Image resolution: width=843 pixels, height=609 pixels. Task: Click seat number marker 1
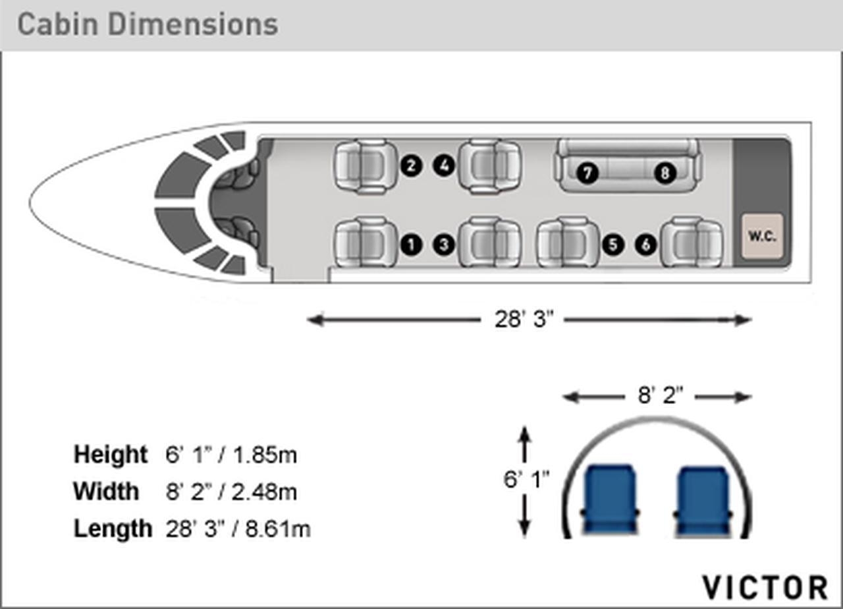click(412, 245)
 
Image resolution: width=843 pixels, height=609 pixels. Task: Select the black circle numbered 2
click(412, 165)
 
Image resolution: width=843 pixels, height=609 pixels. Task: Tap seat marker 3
click(444, 245)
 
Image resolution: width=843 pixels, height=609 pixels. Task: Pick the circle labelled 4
click(444, 165)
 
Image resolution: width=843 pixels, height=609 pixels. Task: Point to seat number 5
click(613, 245)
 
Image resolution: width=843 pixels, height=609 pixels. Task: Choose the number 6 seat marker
click(646, 245)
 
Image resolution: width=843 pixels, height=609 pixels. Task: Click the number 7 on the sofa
click(587, 173)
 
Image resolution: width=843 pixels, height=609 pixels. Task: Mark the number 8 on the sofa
click(665, 173)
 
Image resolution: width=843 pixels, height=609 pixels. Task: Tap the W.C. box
click(763, 236)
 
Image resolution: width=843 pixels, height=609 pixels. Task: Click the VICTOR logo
click(765, 587)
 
